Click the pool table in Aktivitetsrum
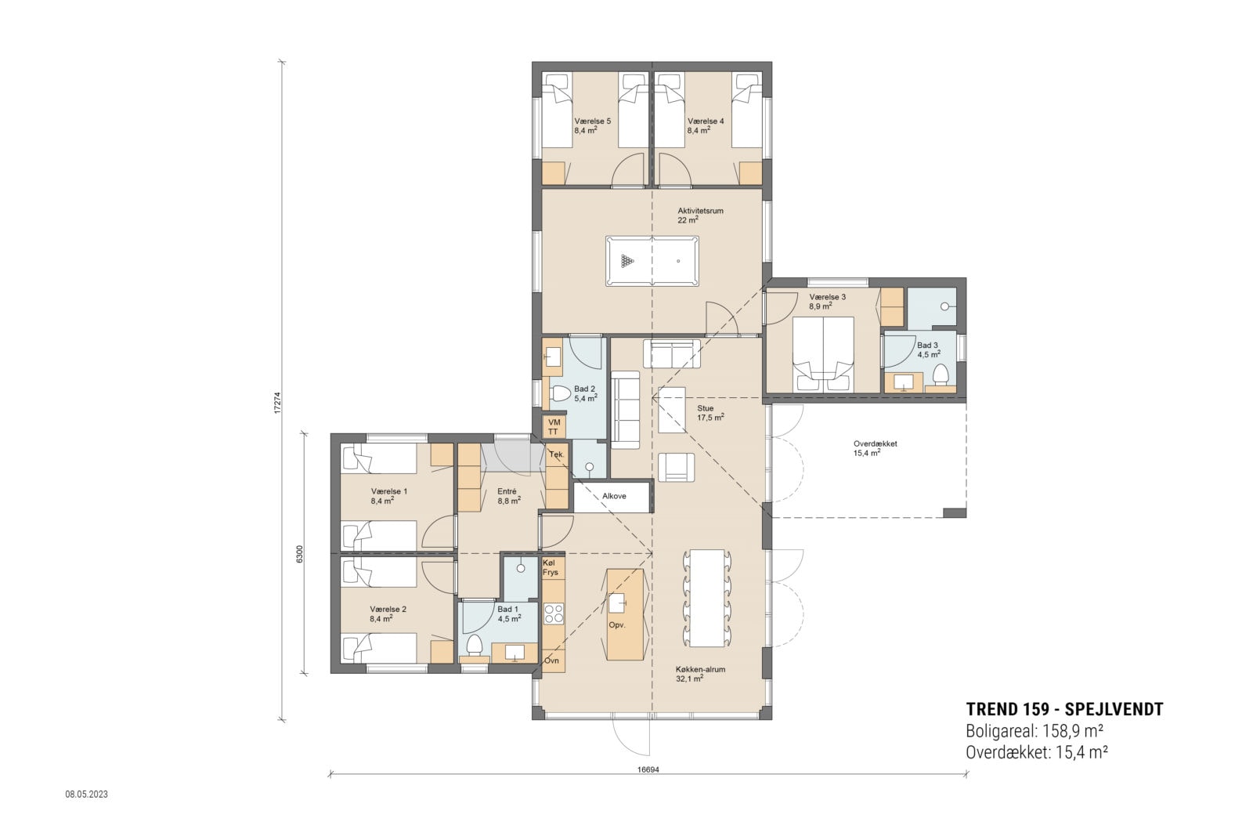point(652,261)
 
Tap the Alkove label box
point(613,496)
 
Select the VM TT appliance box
point(554,427)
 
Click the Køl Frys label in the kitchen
point(551,568)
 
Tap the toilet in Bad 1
point(474,646)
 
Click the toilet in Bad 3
point(941,374)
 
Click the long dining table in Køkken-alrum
point(707,598)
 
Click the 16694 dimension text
point(648,769)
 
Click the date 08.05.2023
point(86,794)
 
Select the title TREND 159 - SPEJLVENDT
point(1064,709)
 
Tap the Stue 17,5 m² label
point(710,413)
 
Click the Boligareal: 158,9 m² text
point(1035,731)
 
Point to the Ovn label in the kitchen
point(551,660)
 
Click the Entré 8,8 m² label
point(508,496)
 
